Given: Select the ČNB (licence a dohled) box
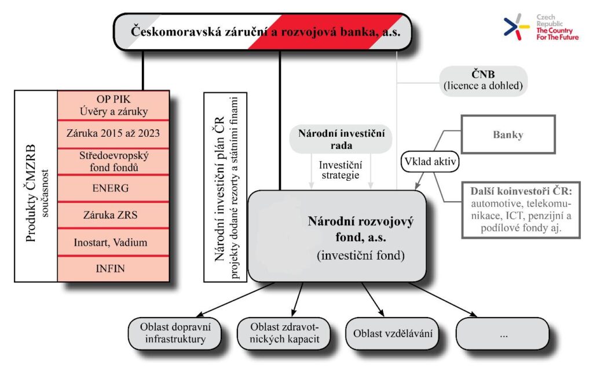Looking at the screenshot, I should [483, 81].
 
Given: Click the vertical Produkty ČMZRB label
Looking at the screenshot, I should [35, 185].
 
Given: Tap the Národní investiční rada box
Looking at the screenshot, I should [341, 140].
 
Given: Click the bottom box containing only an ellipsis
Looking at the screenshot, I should [502, 333].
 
